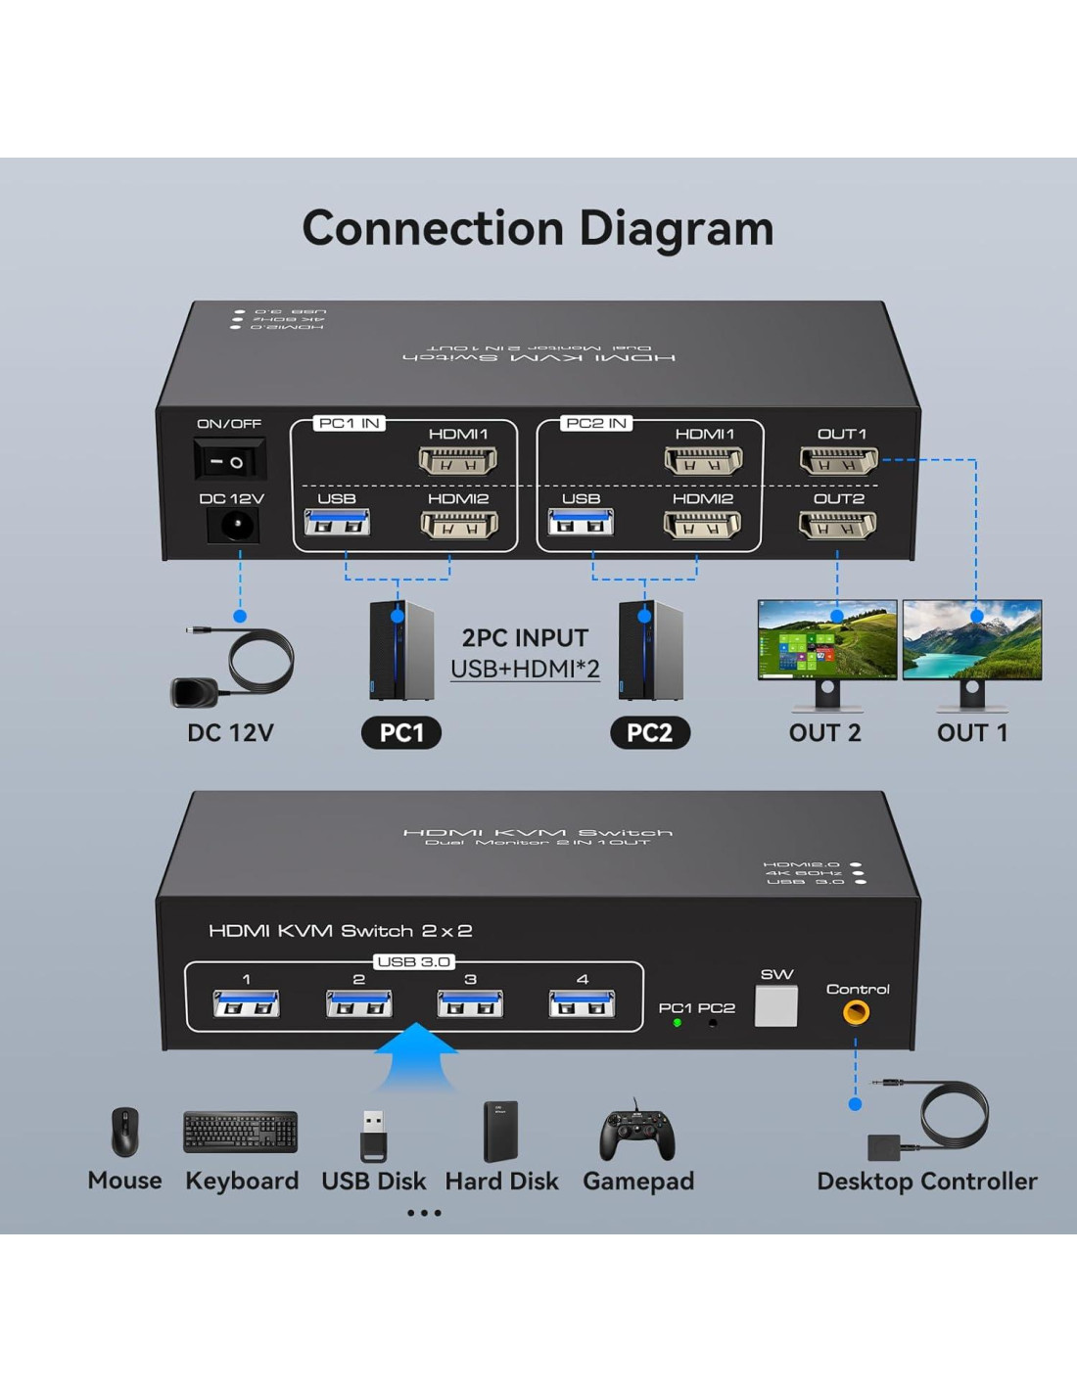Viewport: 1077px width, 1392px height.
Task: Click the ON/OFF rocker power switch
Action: coord(229,459)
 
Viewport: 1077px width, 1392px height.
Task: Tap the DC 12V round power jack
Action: coord(233,526)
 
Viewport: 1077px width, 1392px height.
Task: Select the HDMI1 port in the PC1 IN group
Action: coord(457,459)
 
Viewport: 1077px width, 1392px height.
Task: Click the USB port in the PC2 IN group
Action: coord(581,524)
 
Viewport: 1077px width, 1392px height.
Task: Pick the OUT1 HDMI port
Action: coord(838,459)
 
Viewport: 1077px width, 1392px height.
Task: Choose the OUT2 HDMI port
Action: coord(837,525)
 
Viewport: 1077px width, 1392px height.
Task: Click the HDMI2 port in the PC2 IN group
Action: coord(702,526)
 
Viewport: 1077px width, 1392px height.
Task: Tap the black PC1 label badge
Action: coord(401,733)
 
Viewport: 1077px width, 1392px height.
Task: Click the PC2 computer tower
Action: coord(649,650)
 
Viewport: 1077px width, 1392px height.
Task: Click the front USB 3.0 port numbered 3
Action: coord(470,1004)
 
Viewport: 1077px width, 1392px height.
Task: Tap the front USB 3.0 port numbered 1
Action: coord(246,1004)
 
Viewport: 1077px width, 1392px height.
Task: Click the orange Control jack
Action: coord(856,1012)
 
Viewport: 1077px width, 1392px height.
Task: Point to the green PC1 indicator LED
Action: coord(677,1023)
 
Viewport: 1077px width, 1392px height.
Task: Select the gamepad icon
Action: coord(637,1134)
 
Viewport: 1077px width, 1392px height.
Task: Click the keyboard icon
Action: coord(241,1133)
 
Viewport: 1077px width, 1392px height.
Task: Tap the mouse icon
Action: coord(124,1133)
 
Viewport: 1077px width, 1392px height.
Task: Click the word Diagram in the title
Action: coord(677,228)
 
